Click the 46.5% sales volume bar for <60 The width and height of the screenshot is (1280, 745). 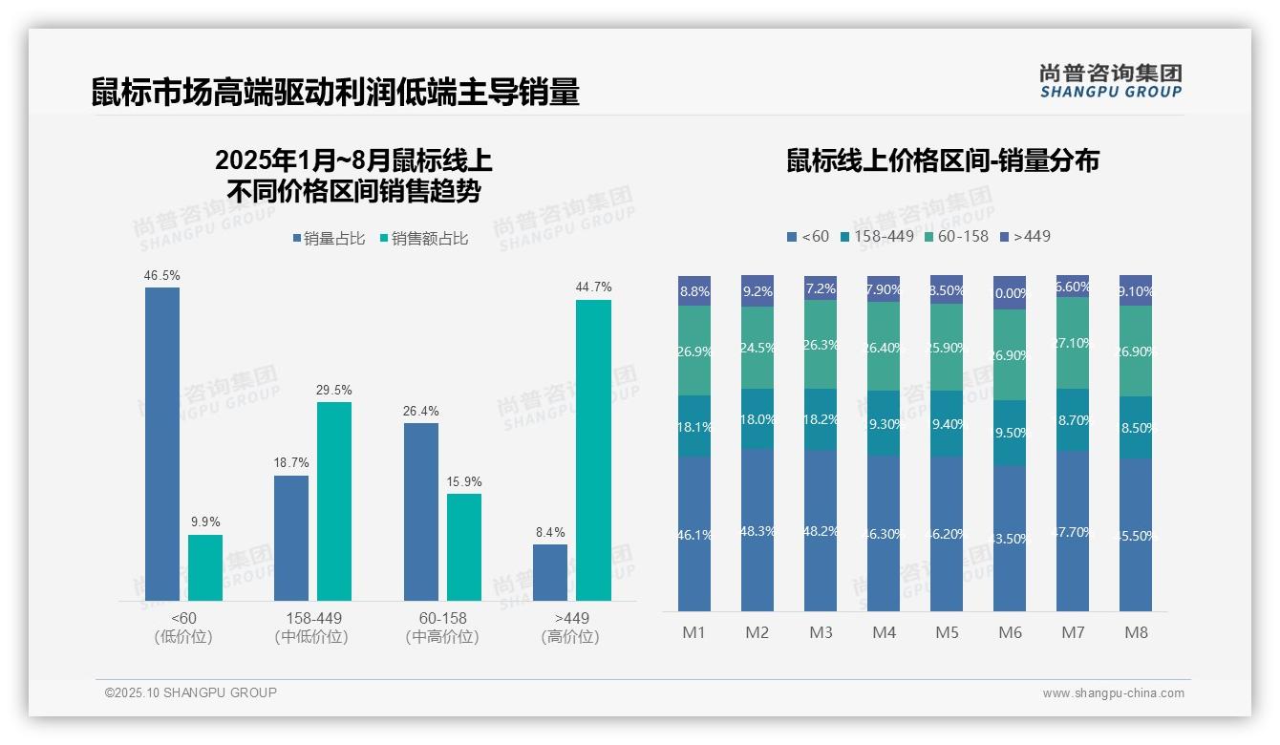pyautogui.click(x=162, y=443)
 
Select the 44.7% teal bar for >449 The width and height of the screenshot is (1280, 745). pyautogui.click(x=593, y=450)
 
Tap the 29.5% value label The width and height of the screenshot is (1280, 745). pyautogui.click(x=334, y=390)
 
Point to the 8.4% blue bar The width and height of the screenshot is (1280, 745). pyautogui.click(x=550, y=572)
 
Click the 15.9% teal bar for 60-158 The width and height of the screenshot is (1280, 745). pyautogui.click(x=464, y=546)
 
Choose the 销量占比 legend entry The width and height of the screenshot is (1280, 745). pyautogui.click(x=329, y=239)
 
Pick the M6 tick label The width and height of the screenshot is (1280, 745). pyautogui.click(x=1010, y=632)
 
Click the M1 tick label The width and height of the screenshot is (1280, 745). pyautogui.click(x=693, y=632)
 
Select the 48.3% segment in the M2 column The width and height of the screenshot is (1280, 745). pyautogui.click(x=757, y=530)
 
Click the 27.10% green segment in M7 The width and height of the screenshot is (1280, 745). pyautogui.click(x=1073, y=343)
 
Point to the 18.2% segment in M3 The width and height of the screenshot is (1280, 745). pyautogui.click(x=821, y=419)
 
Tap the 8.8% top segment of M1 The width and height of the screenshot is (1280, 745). pyautogui.click(x=694, y=291)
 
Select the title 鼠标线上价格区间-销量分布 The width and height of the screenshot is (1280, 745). pyautogui.click(x=942, y=160)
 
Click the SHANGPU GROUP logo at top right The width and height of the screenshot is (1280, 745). pyautogui.click(x=1110, y=81)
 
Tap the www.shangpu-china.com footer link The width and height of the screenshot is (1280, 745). pyautogui.click(x=1113, y=693)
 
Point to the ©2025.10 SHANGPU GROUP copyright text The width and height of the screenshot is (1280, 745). pyautogui.click(x=191, y=692)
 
